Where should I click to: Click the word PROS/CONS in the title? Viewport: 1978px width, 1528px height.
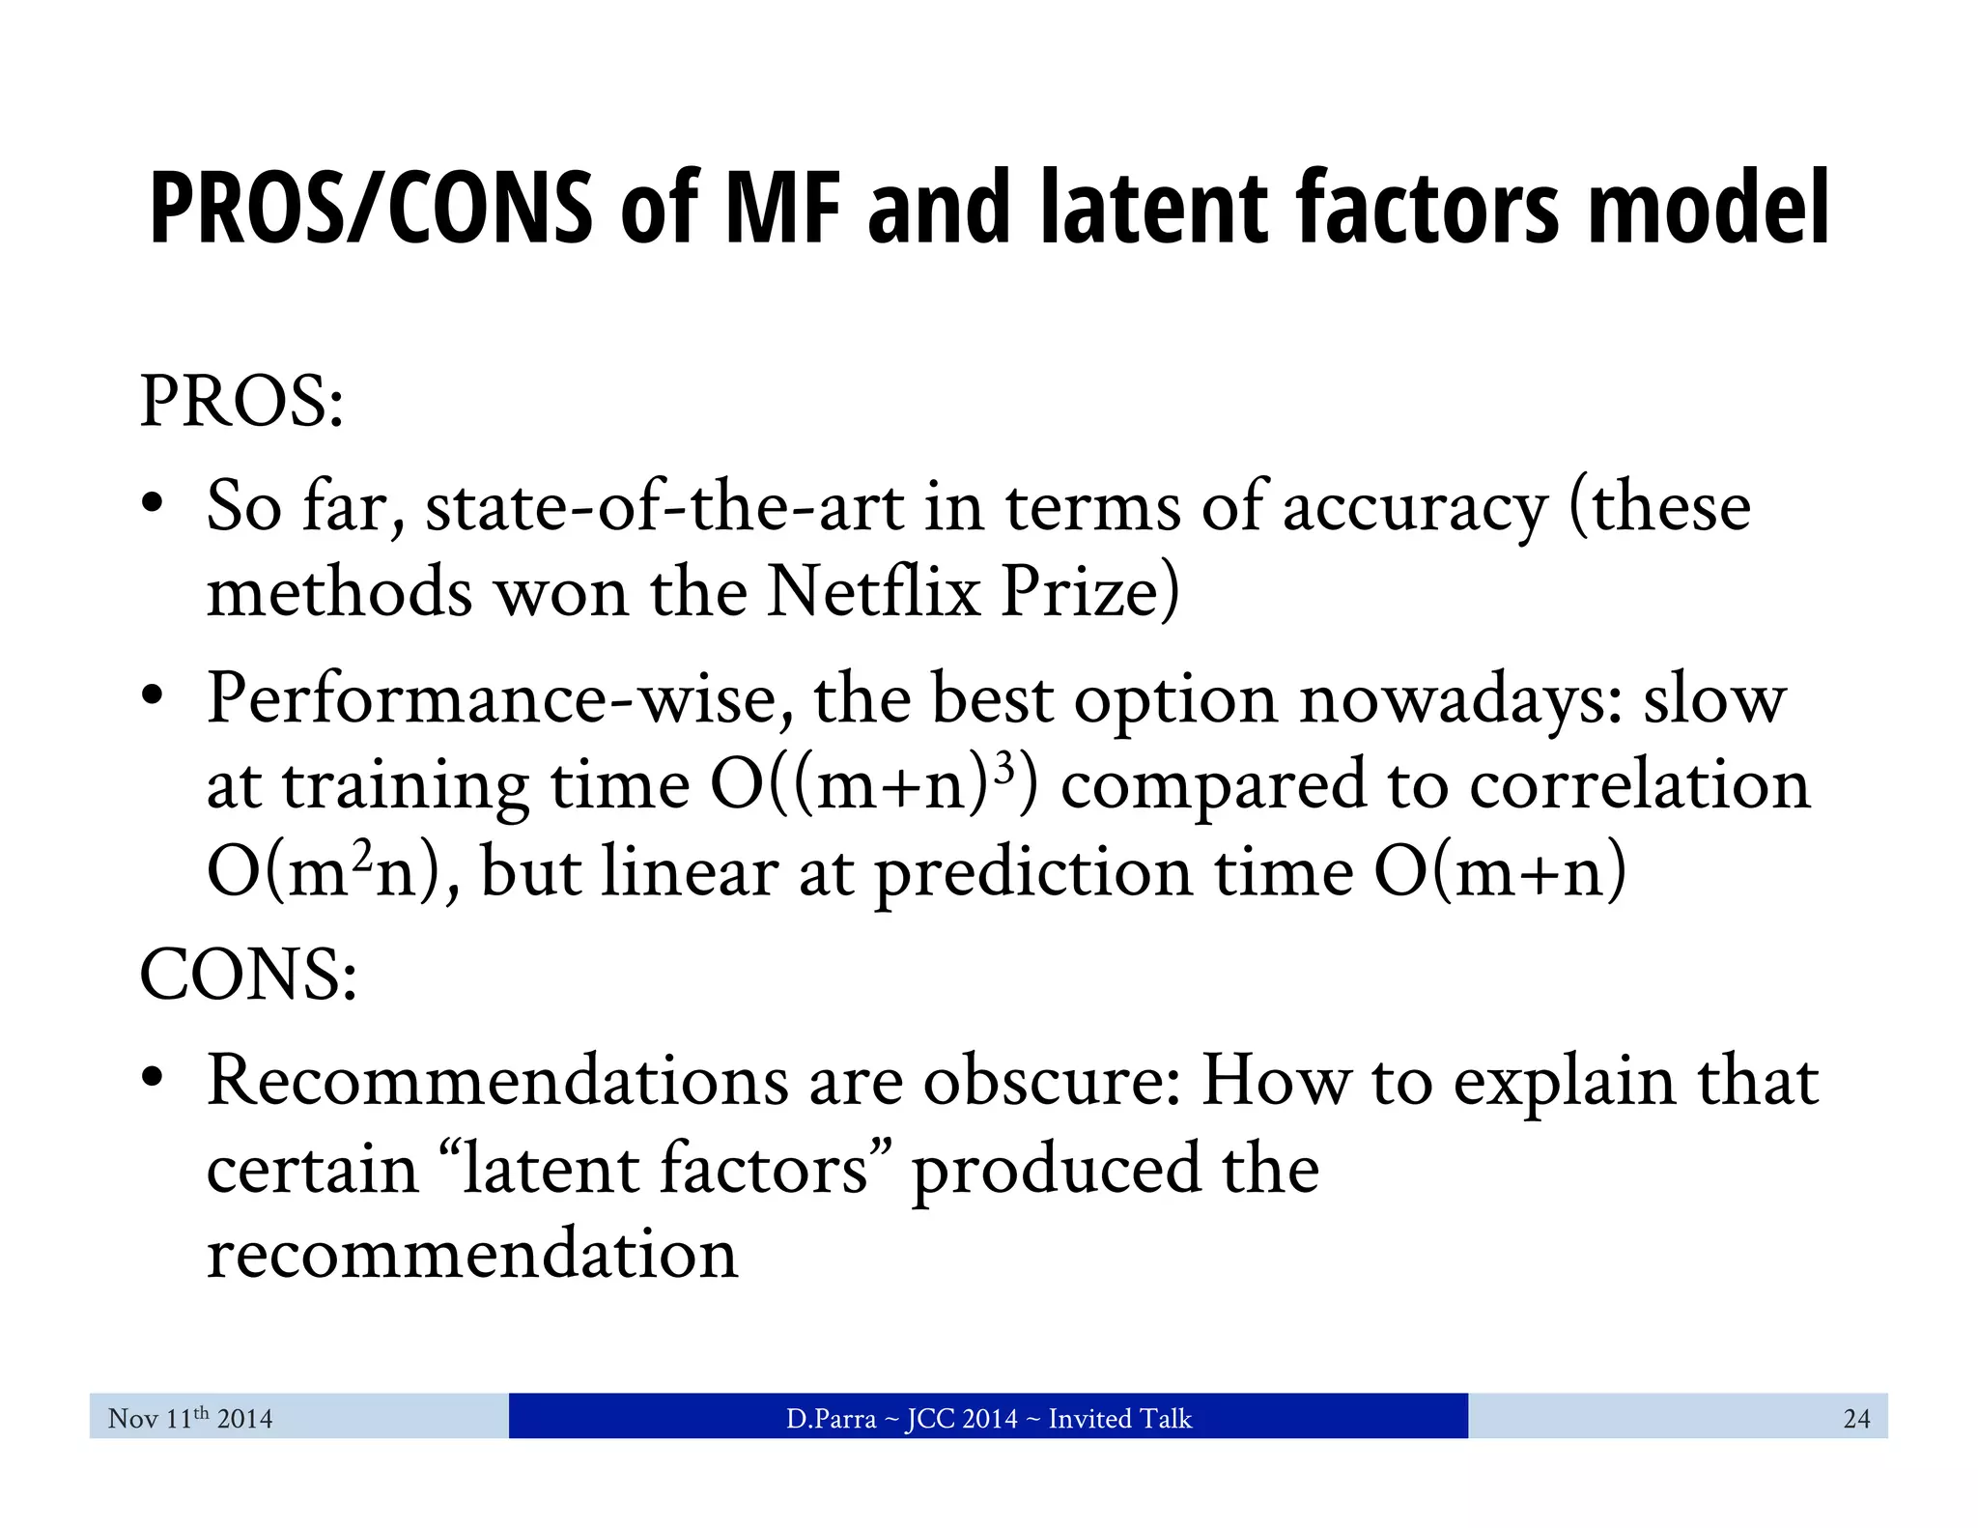pos(372,208)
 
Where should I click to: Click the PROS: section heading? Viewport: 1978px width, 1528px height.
pos(241,401)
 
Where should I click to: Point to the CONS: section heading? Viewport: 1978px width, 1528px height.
pos(248,974)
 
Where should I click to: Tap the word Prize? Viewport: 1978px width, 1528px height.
pos(1089,591)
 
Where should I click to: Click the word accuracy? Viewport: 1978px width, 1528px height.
pos(1414,508)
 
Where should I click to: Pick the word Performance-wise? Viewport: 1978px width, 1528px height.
pos(500,697)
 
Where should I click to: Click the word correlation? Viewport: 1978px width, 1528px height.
pos(1640,784)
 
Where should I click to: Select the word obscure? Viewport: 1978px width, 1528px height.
pos(1051,1080)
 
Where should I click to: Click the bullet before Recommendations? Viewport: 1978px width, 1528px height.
pos(151,1078)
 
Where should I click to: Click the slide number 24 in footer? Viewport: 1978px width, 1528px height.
pos(1856,1418)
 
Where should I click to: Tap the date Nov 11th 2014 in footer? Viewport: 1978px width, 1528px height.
pos(190,1418)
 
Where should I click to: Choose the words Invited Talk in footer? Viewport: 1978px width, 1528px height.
pos(1120,1418)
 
